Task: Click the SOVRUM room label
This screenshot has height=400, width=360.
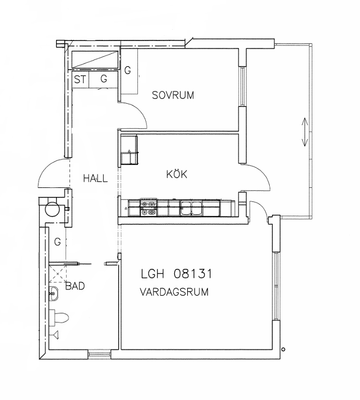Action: coord(173,95)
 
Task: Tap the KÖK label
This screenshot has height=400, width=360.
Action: coord(177,174)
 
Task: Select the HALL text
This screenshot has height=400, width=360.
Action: coord(95,178)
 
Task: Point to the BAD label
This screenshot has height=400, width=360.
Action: coord(75,286)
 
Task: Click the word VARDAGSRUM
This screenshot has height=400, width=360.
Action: coord(174,292)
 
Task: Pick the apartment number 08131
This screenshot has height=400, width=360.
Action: coord(193,274)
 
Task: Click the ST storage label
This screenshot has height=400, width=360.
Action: coord(80,80)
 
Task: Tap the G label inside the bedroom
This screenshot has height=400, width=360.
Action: coord(127,71)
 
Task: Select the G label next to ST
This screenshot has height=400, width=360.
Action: coord(104,79)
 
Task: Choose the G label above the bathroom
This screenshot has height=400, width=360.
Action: coord(58,242)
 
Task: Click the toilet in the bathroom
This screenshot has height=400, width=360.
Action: coord(59,317)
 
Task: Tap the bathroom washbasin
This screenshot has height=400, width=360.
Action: coord(53,294)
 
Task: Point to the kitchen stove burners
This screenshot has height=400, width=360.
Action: coord(149,207)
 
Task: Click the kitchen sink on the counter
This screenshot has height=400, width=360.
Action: coord(191,207)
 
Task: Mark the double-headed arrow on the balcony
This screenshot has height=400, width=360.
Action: coord(304,132)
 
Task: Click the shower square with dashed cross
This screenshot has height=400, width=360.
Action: coord(57,274)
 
